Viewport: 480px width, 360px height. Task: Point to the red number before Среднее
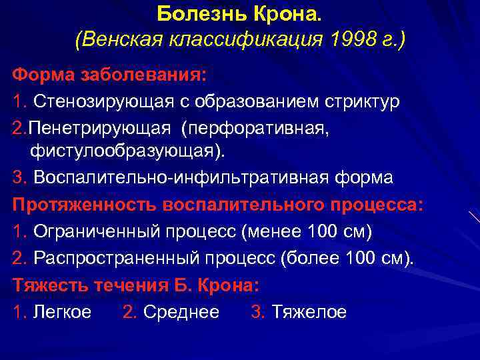click(129, 312)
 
